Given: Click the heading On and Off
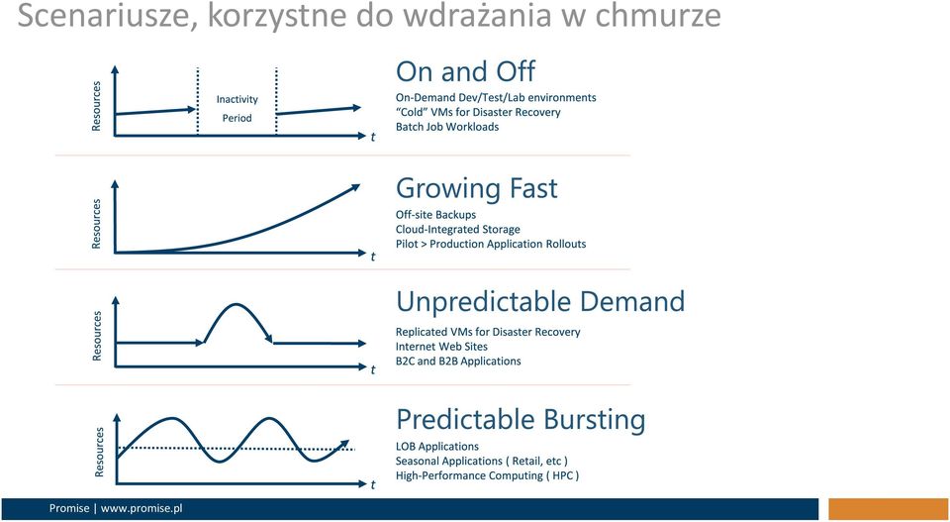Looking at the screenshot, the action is [x=465, y=71].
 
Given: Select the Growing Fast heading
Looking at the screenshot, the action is [x=476, y=188].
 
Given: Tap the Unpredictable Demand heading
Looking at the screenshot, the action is [x=540, y=301].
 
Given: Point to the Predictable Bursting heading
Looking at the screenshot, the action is [x=521, y=420].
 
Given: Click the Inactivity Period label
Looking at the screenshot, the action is [x=237, y=109].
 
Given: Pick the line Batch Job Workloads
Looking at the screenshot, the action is [x=447, y=127].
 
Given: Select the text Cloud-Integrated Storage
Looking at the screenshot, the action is [x=457, y=229].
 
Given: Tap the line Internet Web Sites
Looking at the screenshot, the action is [x=441, y=346].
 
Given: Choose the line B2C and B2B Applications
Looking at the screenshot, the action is [x=458, y=361].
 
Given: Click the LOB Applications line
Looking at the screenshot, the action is [x=436, y=447].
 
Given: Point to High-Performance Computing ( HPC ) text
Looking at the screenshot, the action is [x=487, y=475].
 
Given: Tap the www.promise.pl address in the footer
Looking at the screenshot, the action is [x=142, y=509].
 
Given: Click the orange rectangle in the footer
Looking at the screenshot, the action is [x=889, y=509].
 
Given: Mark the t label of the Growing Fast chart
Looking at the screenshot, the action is [x=373, y=257].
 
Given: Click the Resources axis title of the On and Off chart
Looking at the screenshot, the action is [x=96, y=106].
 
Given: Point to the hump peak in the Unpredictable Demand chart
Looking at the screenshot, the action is [x=237, y=304].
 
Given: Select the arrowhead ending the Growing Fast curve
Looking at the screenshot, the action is [x=353, y=188].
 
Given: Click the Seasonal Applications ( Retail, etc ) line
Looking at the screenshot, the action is [x=482, y=462].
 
